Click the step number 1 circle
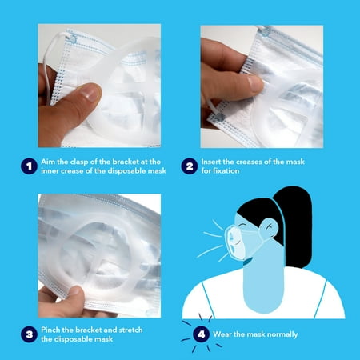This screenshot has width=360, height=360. tap(29, 166)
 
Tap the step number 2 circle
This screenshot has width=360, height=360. tap(190, 166)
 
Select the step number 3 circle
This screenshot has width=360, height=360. tap(29, 334)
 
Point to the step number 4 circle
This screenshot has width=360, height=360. tap(201, 334)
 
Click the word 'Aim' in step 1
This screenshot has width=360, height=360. tap(48, 162)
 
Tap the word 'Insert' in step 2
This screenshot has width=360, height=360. tap(211, 162)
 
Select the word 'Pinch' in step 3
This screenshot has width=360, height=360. tap(50, 330)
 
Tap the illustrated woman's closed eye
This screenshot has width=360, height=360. tap(242, 226)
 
